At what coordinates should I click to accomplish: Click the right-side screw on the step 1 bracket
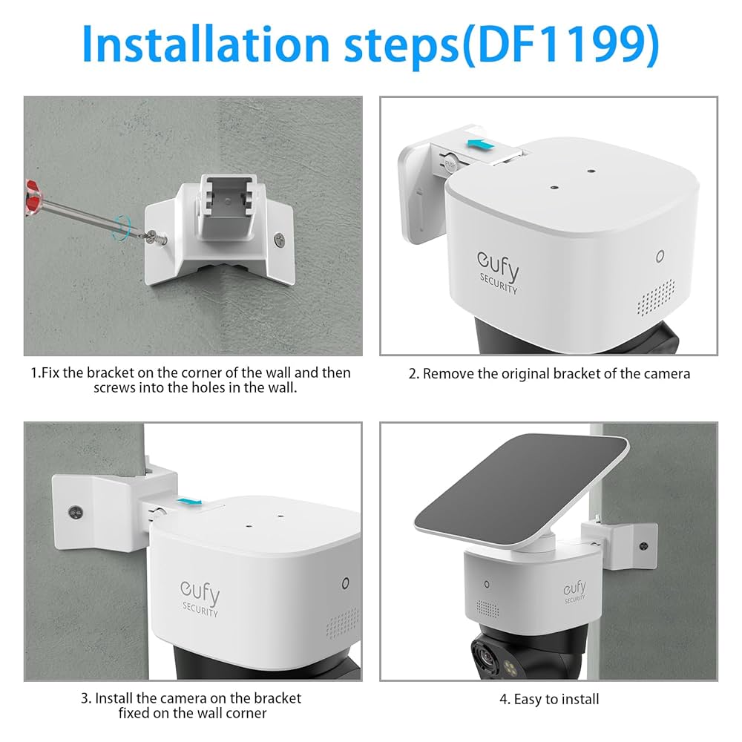coord(280,239)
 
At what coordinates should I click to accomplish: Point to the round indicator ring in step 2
coord(660,257)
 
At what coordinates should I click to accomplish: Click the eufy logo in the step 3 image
coord(200,594)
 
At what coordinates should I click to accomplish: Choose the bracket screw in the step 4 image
coord(643,545)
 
